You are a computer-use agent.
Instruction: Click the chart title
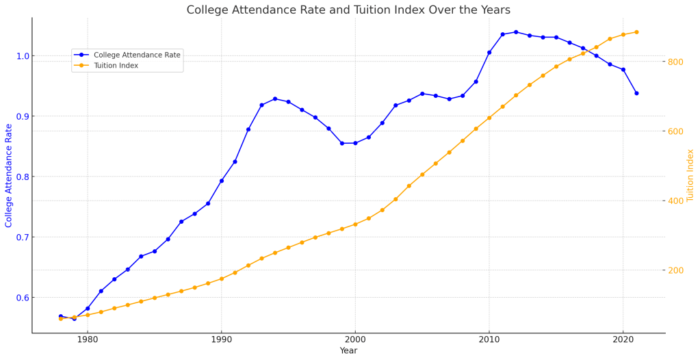348,10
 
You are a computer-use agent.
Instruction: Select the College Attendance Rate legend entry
137,55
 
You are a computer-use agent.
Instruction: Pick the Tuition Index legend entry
116,66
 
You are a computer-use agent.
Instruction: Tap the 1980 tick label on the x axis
87,340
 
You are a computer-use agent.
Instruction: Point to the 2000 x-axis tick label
354,340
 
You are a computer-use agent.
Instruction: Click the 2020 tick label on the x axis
623,340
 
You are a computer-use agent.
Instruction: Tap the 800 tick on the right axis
676,62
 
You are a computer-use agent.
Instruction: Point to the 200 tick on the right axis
676,270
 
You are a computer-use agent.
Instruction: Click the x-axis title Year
348,351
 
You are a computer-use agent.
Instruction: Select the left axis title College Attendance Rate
9,175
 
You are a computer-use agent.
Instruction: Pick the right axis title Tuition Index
690,175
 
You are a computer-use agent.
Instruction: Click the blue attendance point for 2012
516,32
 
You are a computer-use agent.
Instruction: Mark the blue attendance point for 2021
636,93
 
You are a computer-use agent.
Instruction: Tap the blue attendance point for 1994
275,99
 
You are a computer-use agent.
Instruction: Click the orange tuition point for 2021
636,32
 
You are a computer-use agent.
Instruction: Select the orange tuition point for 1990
221,279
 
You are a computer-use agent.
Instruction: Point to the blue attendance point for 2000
355,143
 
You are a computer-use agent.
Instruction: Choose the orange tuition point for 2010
489,118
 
